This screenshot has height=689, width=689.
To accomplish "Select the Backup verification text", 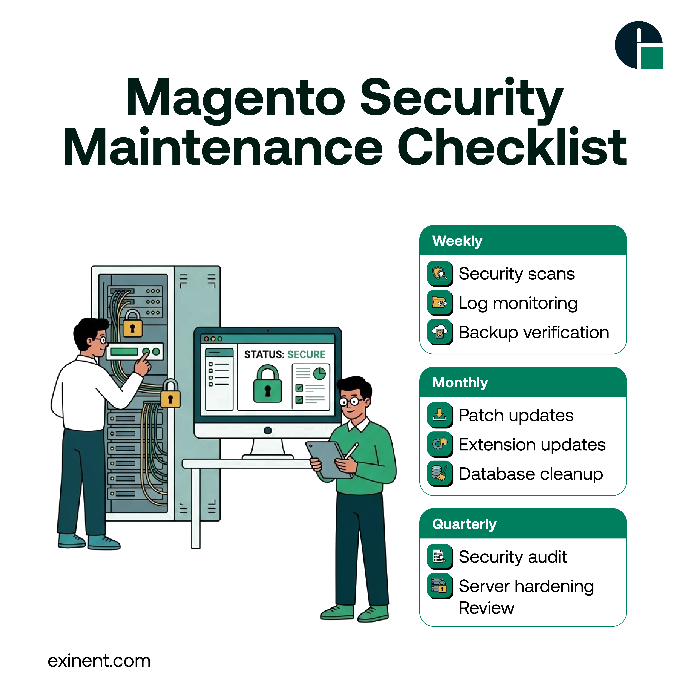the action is point(534,332).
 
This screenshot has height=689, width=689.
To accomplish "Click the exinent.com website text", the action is point(99,661).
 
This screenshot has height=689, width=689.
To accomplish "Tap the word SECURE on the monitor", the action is point(306,354).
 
